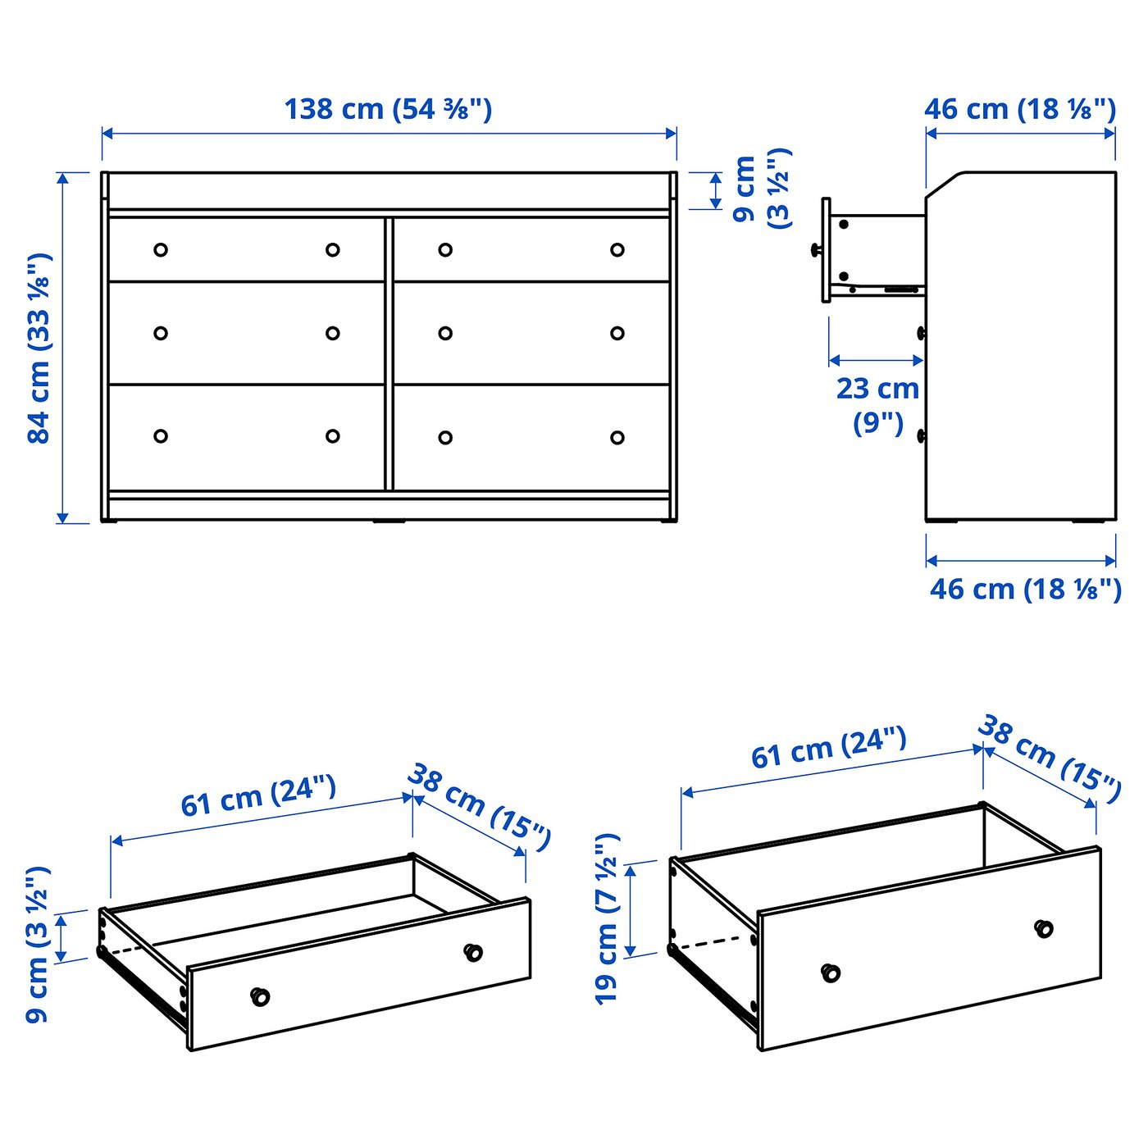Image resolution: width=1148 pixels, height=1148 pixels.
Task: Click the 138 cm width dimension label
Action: tap(388, 109)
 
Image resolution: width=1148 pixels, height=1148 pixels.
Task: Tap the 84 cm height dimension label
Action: tap(39, 348)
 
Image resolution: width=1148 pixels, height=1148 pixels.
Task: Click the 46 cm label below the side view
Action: tap(1025, 589)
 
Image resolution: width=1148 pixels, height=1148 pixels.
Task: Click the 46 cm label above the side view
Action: tap(1020, 109)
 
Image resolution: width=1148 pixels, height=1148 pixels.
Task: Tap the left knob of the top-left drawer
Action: tap(161, 249)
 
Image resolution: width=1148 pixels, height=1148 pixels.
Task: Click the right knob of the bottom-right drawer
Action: tap(617, 438)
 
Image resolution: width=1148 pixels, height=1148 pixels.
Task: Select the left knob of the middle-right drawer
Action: tap(445, 333)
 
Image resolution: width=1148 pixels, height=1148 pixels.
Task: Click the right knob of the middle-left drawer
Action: tap(332, 333)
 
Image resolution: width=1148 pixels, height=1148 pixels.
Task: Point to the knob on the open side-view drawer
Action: tap(816, 250)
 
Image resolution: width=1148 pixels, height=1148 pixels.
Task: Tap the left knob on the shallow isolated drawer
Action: tap(260, 996)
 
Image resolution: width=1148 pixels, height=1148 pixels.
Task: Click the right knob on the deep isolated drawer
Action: tap(1043, 928)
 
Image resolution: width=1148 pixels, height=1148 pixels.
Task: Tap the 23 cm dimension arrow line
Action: tap(876, 360)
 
